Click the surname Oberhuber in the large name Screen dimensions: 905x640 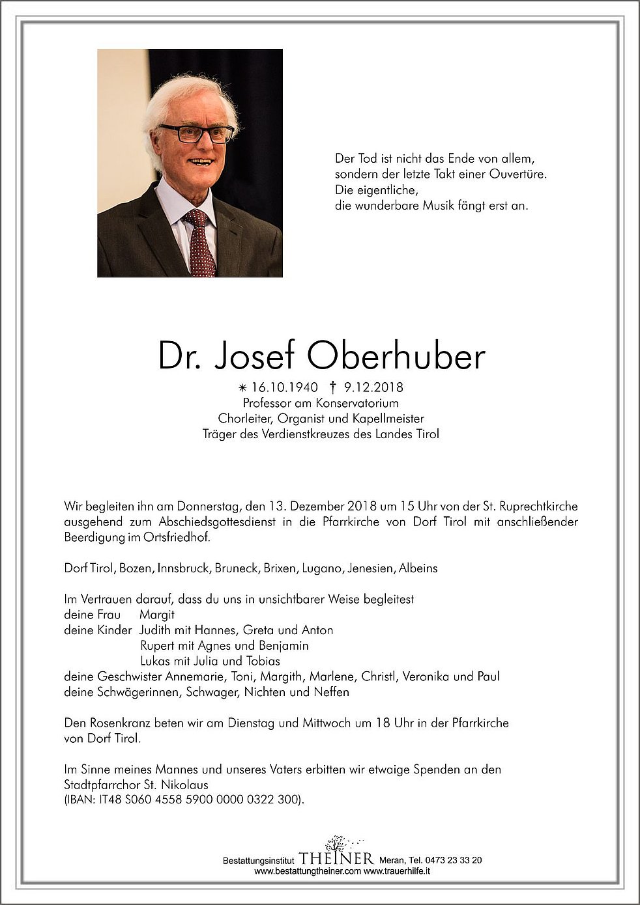pos(396,355)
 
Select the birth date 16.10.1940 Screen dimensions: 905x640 pos(284,387)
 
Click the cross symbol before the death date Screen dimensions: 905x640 pos(332,387)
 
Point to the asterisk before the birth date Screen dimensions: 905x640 pos(243,388)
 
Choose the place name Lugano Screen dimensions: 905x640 pos(321,568)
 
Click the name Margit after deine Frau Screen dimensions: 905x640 pos(157,615)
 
